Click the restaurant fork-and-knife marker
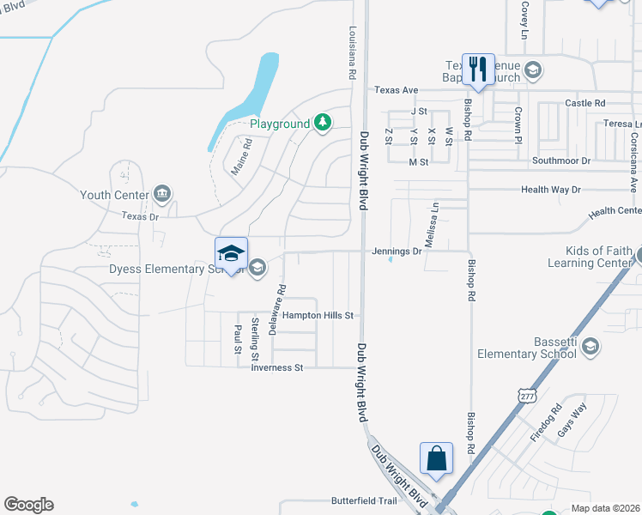pos(478,69)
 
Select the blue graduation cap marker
pos(231,253)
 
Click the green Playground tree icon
pos(322,124)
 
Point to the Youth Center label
pos(113,195)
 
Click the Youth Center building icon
pos(161,194)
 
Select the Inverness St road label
pos(277,368)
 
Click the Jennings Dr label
pos(397,251)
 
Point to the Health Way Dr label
pos(551,190)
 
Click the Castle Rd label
pos(585,103)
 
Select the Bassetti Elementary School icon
pos(589,346)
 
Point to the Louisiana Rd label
pos(351,52)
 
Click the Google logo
pos(28,505)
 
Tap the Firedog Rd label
pos(544,423)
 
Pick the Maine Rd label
pos(241,157)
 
